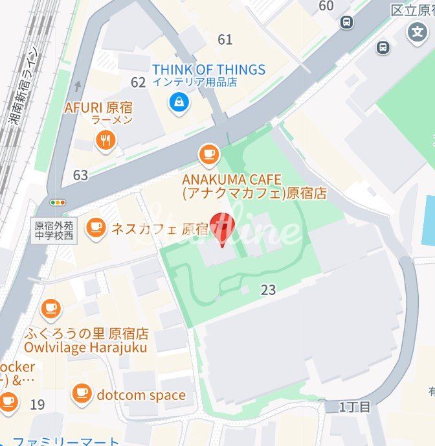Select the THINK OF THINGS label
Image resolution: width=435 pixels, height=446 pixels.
208,69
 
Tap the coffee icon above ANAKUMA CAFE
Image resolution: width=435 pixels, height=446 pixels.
208,154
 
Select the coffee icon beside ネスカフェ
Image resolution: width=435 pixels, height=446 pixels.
96,228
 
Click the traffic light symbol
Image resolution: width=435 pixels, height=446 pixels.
59,202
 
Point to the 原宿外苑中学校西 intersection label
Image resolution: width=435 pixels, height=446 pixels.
55,229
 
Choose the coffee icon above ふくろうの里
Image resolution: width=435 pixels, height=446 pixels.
50,309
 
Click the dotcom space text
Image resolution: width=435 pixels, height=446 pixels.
141,395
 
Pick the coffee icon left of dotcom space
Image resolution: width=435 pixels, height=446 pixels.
82,393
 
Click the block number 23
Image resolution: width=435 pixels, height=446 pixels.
268,290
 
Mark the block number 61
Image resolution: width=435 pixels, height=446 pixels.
225,40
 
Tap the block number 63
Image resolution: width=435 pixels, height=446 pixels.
80,175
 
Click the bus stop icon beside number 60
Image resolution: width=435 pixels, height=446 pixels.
347,23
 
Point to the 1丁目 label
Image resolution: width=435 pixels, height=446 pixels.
355,407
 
